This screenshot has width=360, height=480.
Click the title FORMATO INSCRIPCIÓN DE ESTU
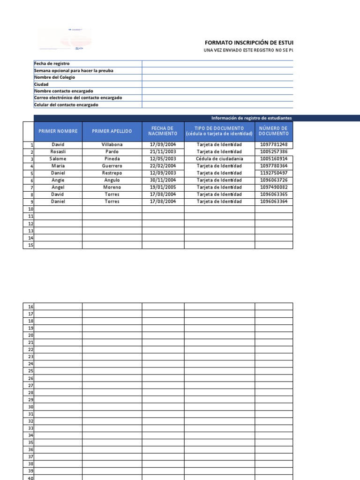click(x=248, y=42)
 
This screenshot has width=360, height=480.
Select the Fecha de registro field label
click(x=52, y=63)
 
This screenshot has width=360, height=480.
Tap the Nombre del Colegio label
click(x=54, y=77)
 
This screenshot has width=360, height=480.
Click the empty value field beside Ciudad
click(x=217, y=84)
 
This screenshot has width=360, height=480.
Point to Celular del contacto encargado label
click(x=66, y=105)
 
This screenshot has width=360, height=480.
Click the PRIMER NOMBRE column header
click(x=58, y=131)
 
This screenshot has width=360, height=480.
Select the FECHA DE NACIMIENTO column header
click(x=163, y=131)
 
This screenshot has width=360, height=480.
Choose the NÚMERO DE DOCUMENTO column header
click(x=274, y=131)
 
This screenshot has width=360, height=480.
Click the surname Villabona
click(x=112, y=145)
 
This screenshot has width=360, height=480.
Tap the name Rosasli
click(x=58, y=152)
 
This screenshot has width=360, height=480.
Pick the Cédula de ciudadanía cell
click(x=219, y=159)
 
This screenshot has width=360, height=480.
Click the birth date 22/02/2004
click(x=163, y=166)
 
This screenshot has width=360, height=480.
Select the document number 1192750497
click(x=274, y=173)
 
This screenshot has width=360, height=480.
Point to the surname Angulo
click(x=112, y=180)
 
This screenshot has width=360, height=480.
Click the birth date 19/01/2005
click(x=163, y=187)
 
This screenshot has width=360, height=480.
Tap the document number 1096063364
click(x=274, y=202)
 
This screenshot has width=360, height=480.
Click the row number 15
click(x=31, y=245)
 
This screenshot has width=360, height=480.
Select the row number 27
click(x=31, y=385)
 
